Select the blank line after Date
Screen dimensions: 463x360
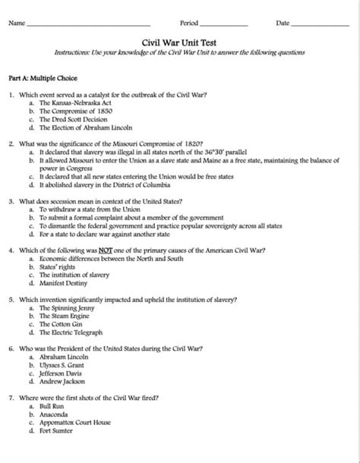320,26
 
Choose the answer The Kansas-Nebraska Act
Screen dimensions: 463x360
74,102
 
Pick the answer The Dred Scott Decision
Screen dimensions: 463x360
73,119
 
